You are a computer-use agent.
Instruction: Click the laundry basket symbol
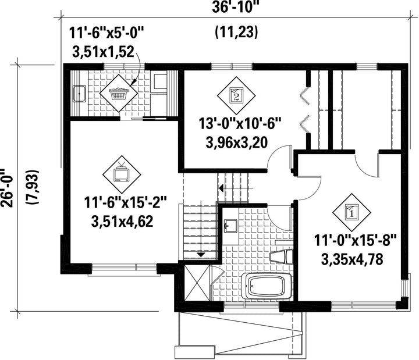coord(119,94)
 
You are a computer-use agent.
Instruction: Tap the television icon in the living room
coord(122,174)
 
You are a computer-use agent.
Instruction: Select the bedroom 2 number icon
coord(236,95)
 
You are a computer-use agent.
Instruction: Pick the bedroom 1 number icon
coord(351,212)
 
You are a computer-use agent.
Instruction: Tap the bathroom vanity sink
coord(230,226)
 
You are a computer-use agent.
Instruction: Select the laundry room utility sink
coord(79,94)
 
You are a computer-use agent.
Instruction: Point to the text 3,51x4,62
coord(122,221)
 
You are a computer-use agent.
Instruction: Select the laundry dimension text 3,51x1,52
coord(103,52)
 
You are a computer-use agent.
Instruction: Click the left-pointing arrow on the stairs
coord(236,188)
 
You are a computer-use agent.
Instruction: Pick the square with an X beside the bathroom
coord(197,283)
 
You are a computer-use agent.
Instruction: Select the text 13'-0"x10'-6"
coord(240,124)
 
